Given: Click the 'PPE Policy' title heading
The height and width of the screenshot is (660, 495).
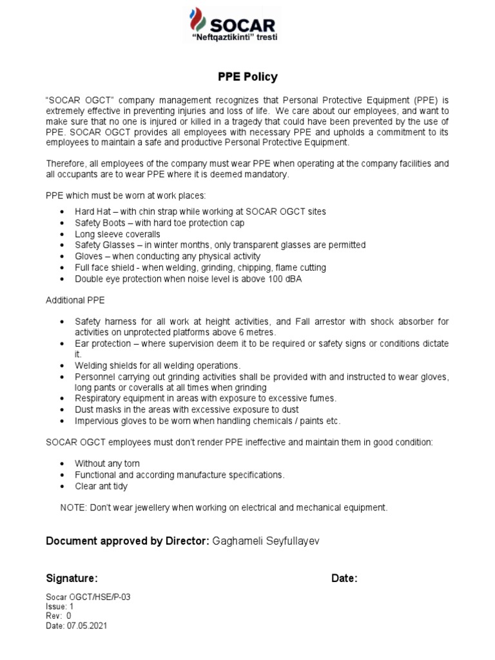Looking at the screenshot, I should tap(247, 77).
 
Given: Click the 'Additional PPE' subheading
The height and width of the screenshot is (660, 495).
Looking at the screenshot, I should tap(75, 301).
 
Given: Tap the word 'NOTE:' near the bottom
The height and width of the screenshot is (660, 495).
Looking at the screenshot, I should tap(73, 507).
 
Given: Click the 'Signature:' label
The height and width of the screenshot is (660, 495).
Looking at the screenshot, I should tap(72, 578).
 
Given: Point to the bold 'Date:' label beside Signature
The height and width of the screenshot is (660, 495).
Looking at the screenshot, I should tap(344, 578).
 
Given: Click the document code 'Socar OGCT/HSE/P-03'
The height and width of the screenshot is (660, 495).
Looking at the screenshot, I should tap(88, 597).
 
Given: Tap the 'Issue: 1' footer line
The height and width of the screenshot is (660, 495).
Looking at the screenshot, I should tap(60, 607).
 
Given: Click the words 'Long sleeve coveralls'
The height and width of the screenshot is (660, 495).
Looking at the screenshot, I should tap(117, 234).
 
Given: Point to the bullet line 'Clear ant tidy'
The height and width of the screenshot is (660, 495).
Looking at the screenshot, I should tap(101, 486).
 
